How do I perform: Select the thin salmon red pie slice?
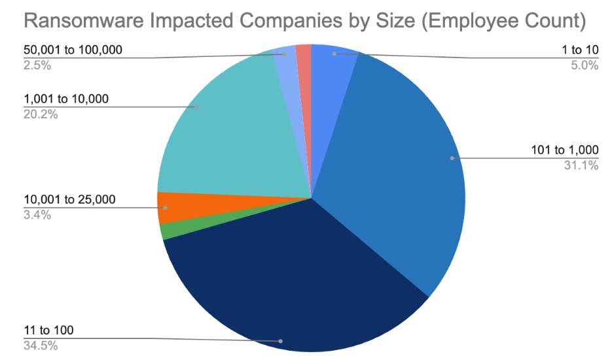coord(304,56)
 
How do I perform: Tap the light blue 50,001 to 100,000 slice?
coord(286,58)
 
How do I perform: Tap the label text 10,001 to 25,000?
coord(68,199)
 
